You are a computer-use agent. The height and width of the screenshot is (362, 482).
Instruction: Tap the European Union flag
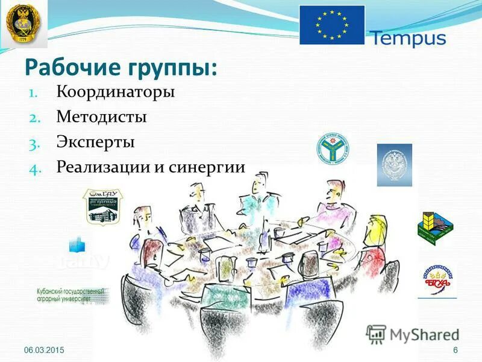click(332, 25)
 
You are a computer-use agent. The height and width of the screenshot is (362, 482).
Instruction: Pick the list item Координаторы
click(116, 92)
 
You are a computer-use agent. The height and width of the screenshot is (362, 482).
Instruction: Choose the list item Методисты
click(102, 116)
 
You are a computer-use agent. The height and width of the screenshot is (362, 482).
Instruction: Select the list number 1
click(34, 93)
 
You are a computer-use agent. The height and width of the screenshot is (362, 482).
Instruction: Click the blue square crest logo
click(394, 164)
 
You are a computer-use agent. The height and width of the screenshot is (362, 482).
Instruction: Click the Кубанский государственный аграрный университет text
click(70, 294)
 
